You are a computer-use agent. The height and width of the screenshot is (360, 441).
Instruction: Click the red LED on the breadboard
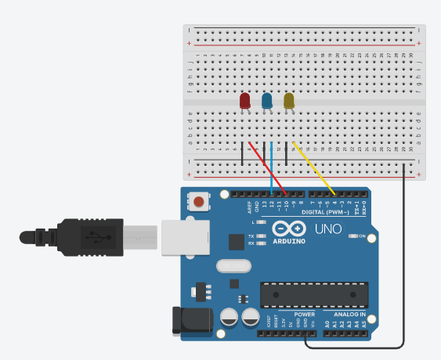coord(244,101)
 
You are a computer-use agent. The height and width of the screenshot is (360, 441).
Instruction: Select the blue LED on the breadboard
coord(266,101)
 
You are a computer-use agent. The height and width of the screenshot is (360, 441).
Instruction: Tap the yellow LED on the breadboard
coord(288,101)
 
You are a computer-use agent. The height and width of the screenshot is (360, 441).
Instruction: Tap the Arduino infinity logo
coord(291,229)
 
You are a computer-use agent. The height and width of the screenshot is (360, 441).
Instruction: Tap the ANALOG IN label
coord(346,315)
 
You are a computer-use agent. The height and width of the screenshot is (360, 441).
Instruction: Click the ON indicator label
coord(363,236)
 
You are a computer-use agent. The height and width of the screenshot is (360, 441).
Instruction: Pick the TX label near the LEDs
coord(251,236)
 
